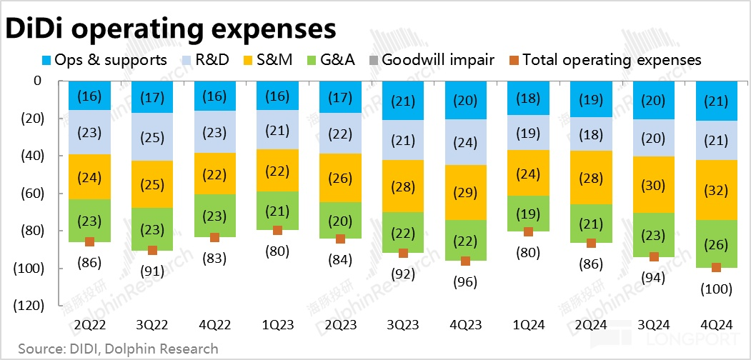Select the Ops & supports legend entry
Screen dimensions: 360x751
[x=104, y=60]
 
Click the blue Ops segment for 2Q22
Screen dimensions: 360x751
[x=89, y=96]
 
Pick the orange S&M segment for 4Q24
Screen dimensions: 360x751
[x=717, y=190]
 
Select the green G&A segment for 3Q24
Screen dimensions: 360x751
[x=654, y=234]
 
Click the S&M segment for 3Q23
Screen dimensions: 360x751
[x=403, y=186]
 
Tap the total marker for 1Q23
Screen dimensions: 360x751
[x=278, y=230]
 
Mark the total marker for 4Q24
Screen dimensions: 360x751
[x=717, y=268]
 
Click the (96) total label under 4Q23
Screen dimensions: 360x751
[x=466, y=281]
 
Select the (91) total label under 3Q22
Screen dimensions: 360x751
[x=152, y=270]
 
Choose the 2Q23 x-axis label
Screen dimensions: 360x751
[x=341, y=325]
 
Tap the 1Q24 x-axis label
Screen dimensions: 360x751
[x=529, y=325]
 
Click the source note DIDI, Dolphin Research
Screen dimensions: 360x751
[x=119, y=349]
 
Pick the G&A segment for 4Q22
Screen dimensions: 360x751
[x=215, y=215]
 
